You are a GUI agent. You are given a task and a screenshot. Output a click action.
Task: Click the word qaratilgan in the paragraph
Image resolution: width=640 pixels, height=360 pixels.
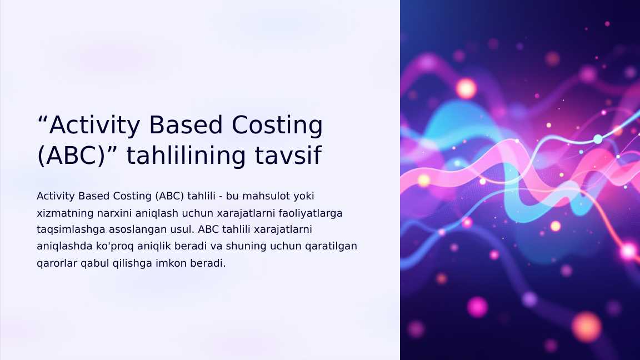point(332,246)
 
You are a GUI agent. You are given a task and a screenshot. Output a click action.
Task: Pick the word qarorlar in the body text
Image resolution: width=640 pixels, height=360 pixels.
point(53,263)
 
